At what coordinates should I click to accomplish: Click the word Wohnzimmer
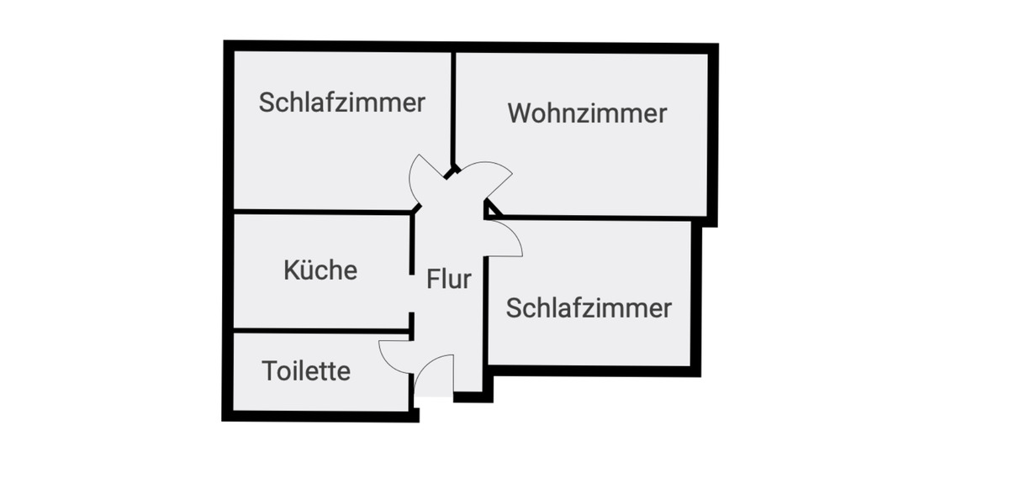pos(587,113)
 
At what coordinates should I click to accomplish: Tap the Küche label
pos(320,270)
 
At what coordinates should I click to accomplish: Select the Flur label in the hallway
pos(448,279)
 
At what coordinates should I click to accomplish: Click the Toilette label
pos(306,370)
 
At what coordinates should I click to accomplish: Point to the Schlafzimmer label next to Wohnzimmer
pos(341,102)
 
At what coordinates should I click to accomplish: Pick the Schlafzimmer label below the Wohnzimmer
pos(589,307)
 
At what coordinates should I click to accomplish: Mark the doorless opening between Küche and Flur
pos(412,293)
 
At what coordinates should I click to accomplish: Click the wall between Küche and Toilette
pos(320,330)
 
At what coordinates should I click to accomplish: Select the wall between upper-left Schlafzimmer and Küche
pos(320,211)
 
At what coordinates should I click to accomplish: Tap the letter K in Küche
pos(291,270)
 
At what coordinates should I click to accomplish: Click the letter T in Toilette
pos(270,370)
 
